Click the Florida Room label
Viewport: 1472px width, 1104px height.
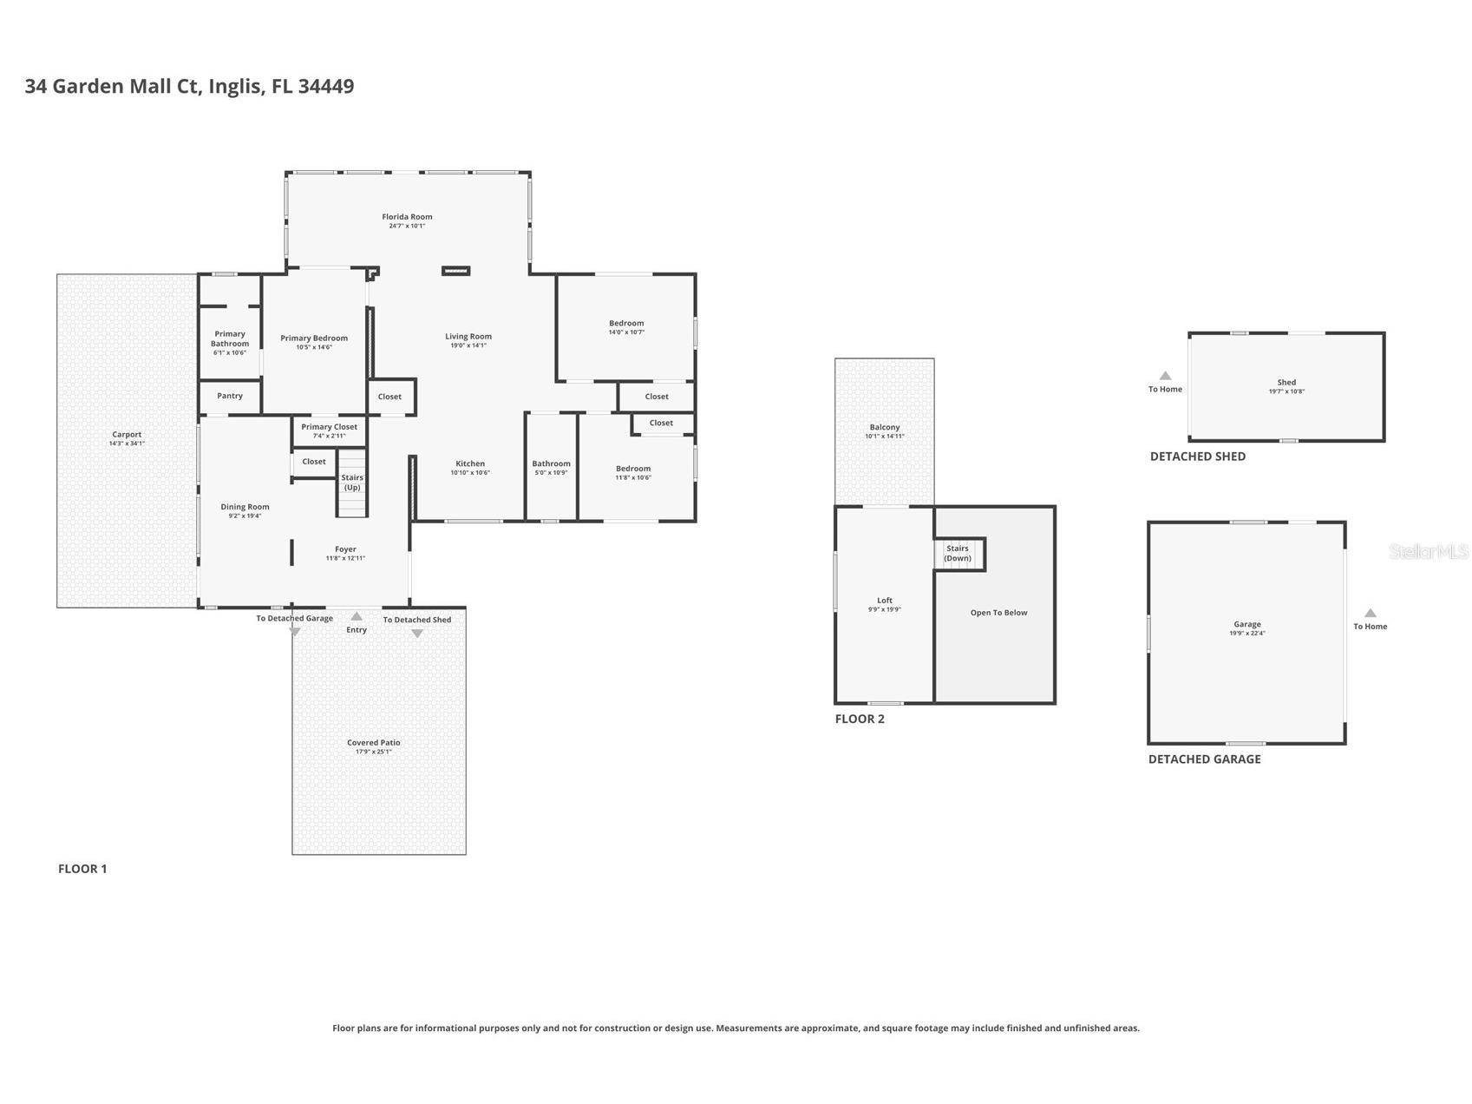(407, 217)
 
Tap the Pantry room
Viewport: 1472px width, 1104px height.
(230, 396)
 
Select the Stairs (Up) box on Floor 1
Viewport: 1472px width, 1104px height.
(352, 483)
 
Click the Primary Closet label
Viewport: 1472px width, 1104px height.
(329, 427)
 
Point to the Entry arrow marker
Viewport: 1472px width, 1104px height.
(357, 617)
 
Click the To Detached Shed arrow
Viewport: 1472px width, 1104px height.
(417, 634)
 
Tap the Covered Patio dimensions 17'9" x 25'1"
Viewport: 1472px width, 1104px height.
(374, 752)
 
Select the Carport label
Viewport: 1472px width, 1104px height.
(127, 435)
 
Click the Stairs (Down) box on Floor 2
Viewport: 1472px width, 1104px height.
(958, 554)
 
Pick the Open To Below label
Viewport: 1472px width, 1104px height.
(998, 613)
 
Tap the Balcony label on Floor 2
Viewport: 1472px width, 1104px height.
(885, 427)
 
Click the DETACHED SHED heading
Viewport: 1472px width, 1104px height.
(1197, 457)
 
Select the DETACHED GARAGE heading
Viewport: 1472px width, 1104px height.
(1204, 759)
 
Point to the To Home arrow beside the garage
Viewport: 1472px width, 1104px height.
(1371, 614)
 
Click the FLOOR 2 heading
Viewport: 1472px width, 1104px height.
(860, 719)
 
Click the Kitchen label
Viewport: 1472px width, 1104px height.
(470, 463)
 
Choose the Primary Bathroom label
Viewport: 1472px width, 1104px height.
(230, 338)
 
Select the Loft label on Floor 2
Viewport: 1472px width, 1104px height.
(885, 601)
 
